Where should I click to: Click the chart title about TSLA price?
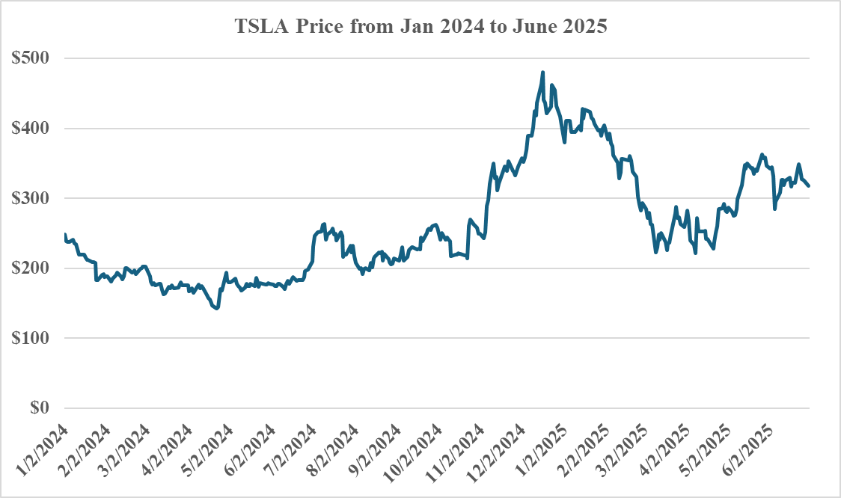pos(421,27)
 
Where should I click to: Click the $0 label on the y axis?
pos(41,408)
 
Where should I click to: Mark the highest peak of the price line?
pos(542,73)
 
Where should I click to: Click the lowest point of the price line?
pos(216,307)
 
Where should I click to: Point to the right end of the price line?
pos(809,186)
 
